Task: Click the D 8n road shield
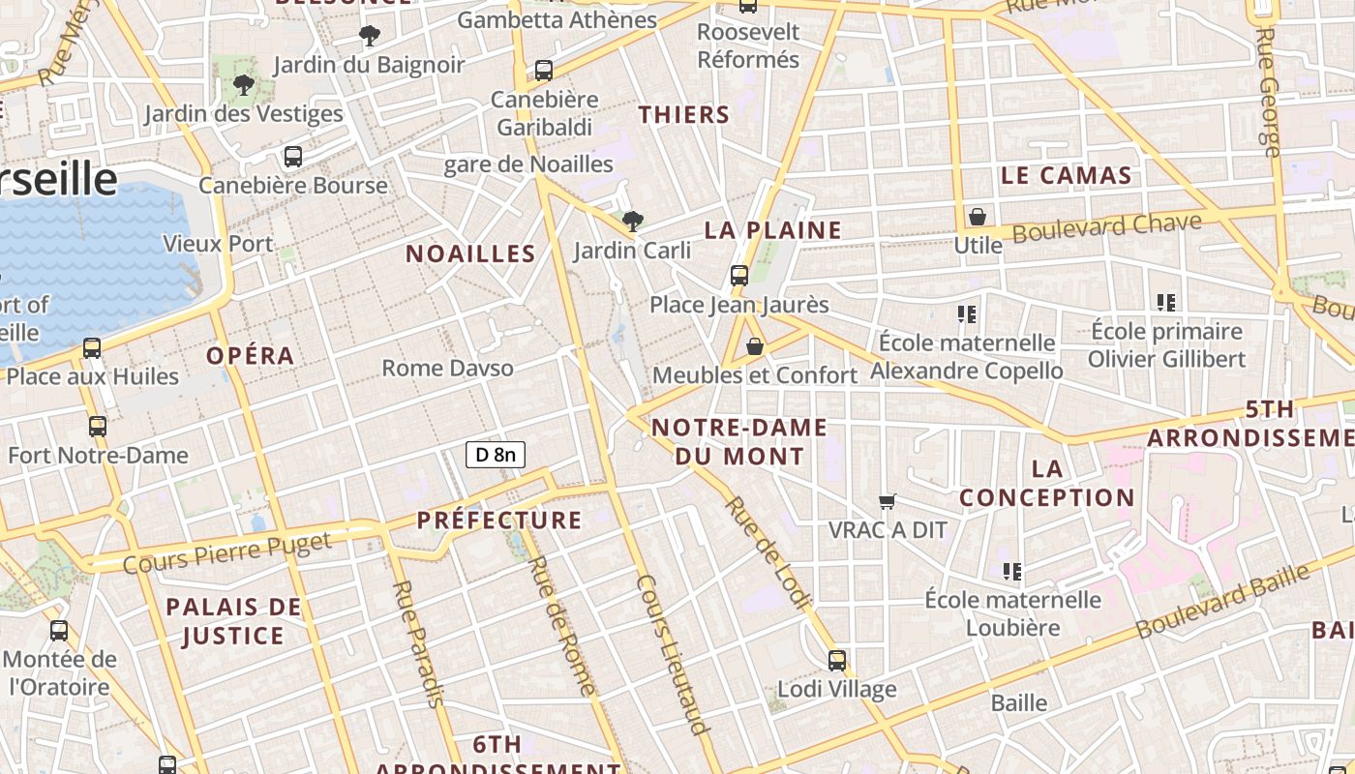click(496, 454)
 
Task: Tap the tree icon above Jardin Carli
click(633, 222)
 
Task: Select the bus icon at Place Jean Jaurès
click(739, 276)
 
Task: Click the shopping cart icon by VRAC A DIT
click(887, 501)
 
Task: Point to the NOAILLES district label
click(470, 253)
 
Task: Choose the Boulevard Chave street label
click(1106, 227)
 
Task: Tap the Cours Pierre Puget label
click(227, 551)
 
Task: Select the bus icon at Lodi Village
click(837, 661)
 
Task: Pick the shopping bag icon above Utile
click(978, 217)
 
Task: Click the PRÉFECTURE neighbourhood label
click(499, 521)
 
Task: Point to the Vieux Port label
click(218, 244)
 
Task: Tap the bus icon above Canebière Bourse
click(292, 156)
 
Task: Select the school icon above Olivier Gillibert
click(1165, 303)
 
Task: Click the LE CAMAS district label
click(1066, 175)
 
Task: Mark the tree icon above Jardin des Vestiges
click(244, 85)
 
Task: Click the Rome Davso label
click(447, 368)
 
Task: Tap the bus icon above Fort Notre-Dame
click(97, 426)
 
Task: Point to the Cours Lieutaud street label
click(674, 654)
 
